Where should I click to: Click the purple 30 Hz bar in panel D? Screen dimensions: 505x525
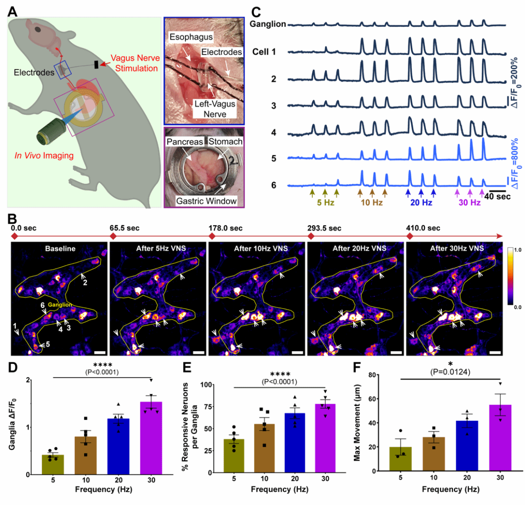point(151,438)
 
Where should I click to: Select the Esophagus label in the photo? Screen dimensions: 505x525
point(189,36)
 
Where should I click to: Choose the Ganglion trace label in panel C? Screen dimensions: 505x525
point(268,24)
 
